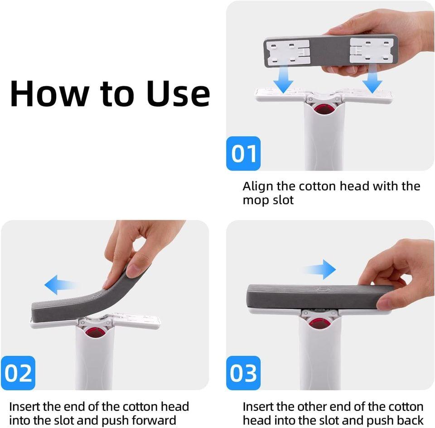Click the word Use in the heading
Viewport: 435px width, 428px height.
(x=178, y=93)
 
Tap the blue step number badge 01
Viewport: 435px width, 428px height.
(x=244, y=153)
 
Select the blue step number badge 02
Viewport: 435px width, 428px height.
(x=19, y=373)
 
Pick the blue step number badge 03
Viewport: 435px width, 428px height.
(x=244, y=373)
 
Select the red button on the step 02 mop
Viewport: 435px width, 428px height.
(x=95, y=331)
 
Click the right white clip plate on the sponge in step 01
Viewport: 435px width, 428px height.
(x=370, y=50)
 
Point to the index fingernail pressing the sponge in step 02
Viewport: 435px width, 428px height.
(x=134, y=271)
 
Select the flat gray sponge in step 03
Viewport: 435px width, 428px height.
(x=313, y=296)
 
